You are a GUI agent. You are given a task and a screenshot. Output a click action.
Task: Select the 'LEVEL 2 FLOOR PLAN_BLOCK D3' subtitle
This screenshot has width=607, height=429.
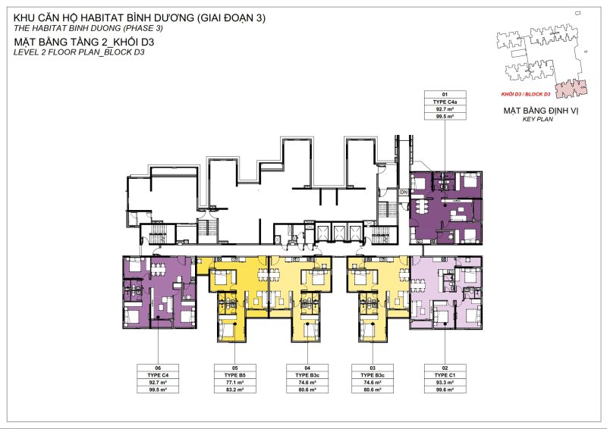click(x=79, y=54)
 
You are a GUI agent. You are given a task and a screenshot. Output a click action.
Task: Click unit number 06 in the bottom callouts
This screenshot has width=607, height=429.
click(x=159, y=367)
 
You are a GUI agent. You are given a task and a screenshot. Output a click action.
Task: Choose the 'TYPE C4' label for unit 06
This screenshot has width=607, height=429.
click(x=159, y=374)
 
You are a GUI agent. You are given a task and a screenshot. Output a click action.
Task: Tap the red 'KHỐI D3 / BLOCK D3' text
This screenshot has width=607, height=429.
click(x=526, y=94)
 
